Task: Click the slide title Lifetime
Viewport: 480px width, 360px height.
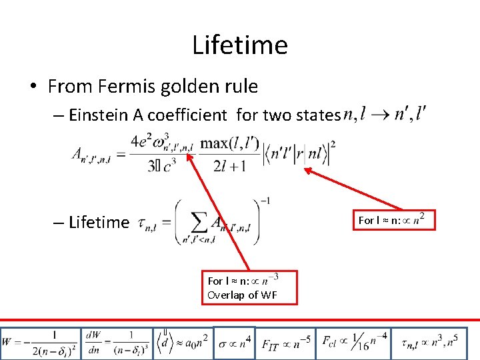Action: click(x=240, y=45)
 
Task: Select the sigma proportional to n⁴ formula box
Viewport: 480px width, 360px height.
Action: click(x=234, y=343)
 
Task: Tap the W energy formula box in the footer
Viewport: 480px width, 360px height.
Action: click(x=39, y=343)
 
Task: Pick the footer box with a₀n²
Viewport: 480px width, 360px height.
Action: click(x=183, y=343)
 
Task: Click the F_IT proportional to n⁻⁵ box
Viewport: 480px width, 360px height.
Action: click(x=286, y=343)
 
